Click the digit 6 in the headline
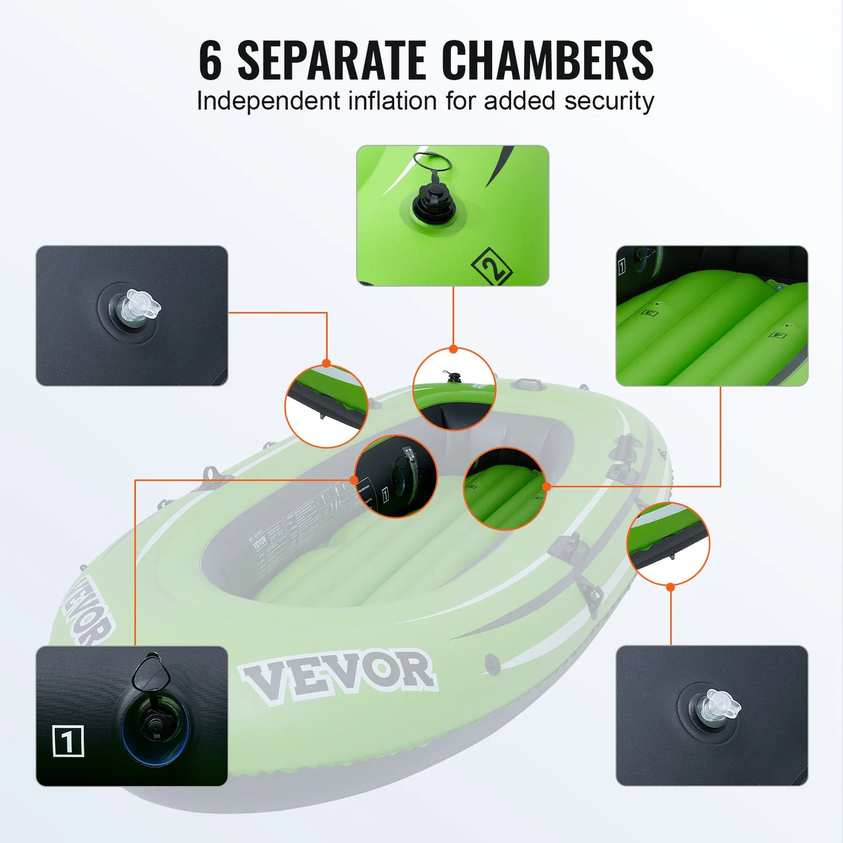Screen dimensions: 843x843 211,60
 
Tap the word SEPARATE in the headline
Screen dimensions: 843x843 331,60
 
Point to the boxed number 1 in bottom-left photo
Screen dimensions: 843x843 68,741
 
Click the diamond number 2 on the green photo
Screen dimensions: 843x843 492,267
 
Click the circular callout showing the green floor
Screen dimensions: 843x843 505,489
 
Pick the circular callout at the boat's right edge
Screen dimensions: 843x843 668,543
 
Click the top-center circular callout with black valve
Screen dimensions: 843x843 454,389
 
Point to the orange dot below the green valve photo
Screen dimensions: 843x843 453,349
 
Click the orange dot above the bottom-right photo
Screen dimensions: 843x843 670,587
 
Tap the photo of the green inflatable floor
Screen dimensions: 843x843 712,316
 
